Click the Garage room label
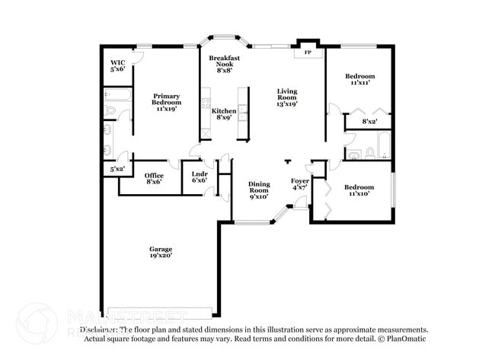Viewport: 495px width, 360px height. pos(160,253)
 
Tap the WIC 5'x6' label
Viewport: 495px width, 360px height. pos(117,66)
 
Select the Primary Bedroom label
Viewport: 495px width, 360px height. pos(166,102)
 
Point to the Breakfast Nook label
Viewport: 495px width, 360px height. pos(225,64)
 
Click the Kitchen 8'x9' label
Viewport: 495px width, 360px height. pos(224,114)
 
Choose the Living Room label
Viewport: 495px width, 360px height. pos(286,97)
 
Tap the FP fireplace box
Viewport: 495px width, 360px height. pos(308,53)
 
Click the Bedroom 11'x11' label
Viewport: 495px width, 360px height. pos(359,79)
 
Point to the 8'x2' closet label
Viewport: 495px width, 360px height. pos(370,121)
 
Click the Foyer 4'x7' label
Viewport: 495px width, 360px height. pos(301,183)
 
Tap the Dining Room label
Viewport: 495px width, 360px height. pos(260,190)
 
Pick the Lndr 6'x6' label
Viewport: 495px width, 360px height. pos(200,177)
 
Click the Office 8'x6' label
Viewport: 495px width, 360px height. pos(153,179)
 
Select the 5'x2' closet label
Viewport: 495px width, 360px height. pos(117,169)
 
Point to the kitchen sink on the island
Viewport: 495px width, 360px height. pos(242,114)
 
